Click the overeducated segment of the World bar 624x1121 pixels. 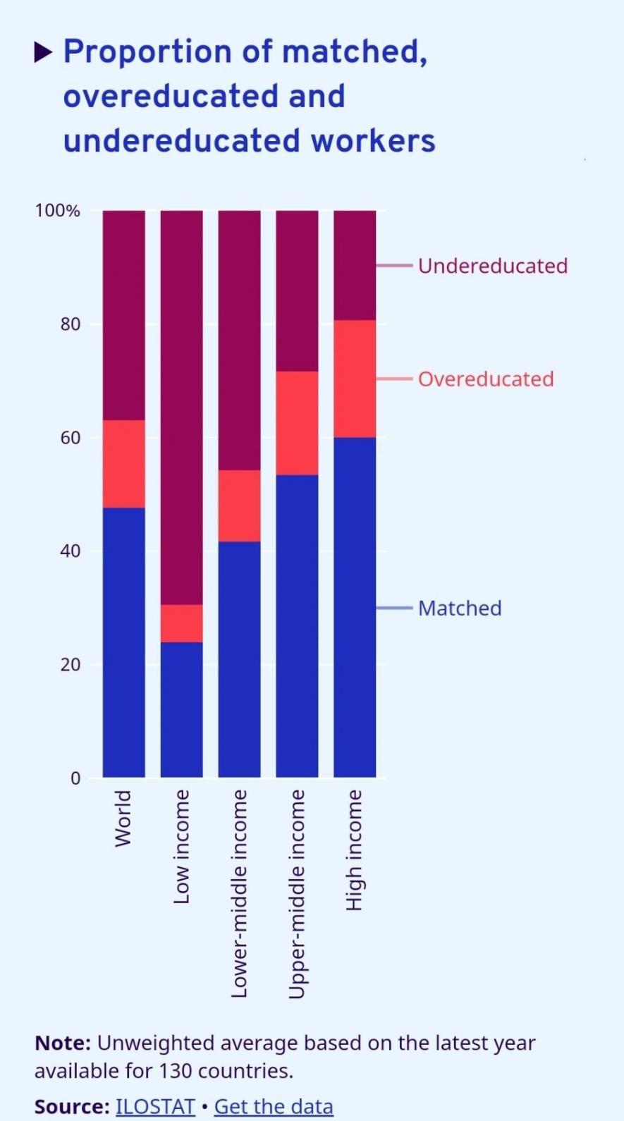(124, 464)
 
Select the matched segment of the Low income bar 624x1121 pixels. (182, 709)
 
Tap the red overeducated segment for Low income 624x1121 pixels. (182, 623)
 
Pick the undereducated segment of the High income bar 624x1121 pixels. (355, 265)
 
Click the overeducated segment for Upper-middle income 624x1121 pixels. (297, 423)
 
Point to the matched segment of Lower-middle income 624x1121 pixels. (239, 659)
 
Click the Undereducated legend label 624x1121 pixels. (492, 266)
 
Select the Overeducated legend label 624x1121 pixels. (486, 379)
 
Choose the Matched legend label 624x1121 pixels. (460, 608)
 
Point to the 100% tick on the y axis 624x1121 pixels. (58, 211)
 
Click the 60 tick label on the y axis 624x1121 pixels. (71, 438)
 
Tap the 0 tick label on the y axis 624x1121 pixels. (75, 778)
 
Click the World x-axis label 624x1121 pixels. (123, 818)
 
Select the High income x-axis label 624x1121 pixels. (354, 850)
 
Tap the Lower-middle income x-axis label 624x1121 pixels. (240, 893)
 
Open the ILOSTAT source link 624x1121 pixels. (155, 1106)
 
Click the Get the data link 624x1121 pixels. (274, 1106)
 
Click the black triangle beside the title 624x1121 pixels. (43, 51)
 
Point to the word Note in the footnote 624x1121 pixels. (62, 1043)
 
